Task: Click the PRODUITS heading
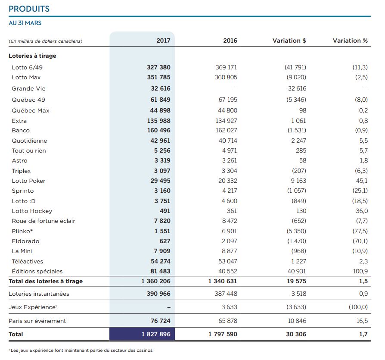(29, 9)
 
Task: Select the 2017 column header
(163, 41)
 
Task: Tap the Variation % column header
(350, 41)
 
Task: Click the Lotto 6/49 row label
(27, 67)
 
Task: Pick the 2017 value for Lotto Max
(158, 77)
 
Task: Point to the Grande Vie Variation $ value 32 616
(297, 88)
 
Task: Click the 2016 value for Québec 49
(228, 100)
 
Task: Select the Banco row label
(21, 131)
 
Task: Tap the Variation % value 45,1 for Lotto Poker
(362, 181)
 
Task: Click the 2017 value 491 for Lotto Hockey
(165, 211)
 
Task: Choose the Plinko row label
(22, 231)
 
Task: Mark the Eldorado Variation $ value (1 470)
(297, 241)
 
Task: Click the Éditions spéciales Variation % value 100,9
(360, 271)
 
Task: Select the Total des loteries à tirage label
(46, 282)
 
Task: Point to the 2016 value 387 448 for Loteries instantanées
(226, 294)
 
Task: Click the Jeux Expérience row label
(33, 307)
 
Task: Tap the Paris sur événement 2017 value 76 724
(160, 321)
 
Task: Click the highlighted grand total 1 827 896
(156, 334)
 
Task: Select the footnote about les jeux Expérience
(81, 351)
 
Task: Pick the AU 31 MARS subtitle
(25, 23)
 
